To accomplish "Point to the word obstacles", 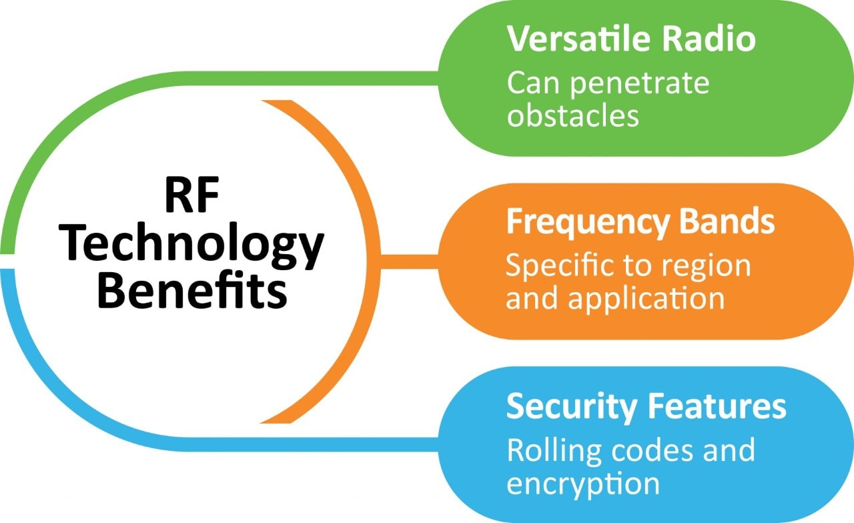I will point(572,115).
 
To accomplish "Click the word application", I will point(647,298).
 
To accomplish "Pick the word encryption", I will point(583,483).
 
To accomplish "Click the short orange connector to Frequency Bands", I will point(408,256).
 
